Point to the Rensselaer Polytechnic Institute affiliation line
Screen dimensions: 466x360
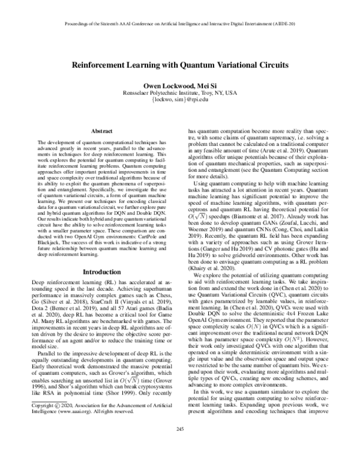(x=181, y=94)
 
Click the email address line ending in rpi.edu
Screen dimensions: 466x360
(x=181, y=101)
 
